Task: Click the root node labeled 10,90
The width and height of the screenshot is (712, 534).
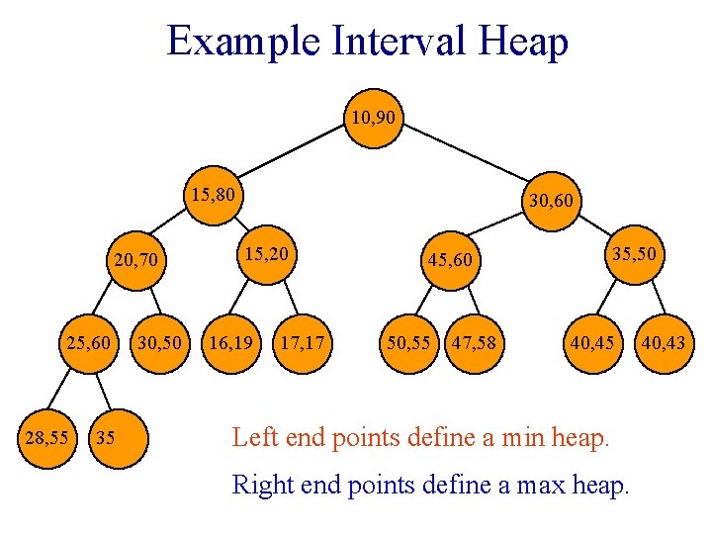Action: [373, 120]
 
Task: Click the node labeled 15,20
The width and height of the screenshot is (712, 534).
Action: [267, 255]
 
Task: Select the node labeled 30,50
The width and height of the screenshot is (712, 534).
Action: [158, 343]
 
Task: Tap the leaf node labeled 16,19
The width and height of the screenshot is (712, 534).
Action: [228, 343]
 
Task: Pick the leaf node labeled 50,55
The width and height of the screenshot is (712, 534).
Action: [407, 343]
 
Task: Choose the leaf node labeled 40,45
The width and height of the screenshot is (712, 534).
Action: [590, 343]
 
